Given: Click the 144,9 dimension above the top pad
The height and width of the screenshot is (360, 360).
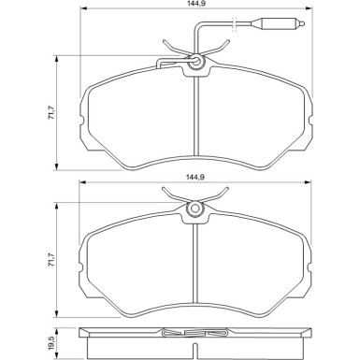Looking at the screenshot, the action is [195, 3].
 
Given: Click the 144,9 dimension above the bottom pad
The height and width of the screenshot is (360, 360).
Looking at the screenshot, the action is [195, 177].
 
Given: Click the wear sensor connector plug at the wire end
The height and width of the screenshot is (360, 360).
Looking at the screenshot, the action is [278, 23].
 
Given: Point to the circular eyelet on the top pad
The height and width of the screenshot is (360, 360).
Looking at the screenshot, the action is [196, 60].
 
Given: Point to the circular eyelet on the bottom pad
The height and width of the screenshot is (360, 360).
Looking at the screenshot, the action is [195, 208].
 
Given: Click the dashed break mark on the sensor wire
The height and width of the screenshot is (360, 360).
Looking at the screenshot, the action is [235, 23].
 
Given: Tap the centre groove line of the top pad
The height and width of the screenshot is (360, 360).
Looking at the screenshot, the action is [196, 116].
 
